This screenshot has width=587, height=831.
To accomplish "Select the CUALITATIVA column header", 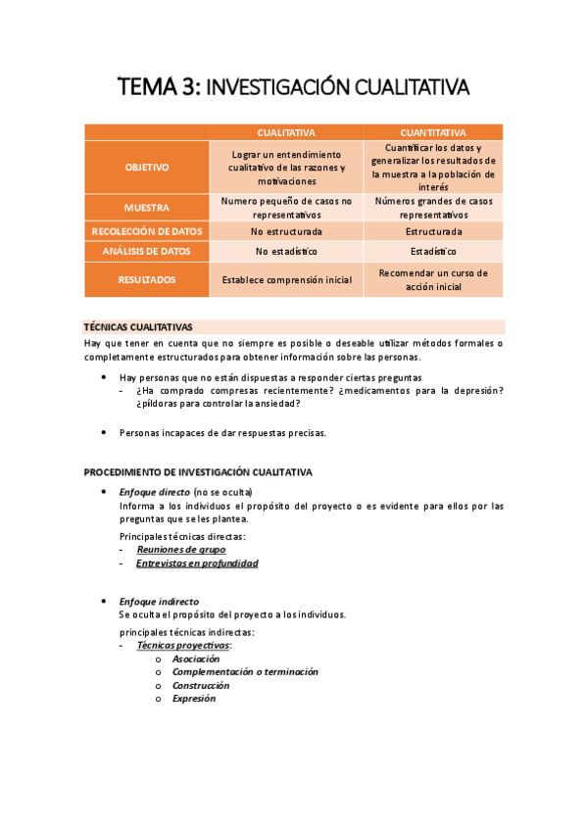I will pyautogui.click(x=286, y=132).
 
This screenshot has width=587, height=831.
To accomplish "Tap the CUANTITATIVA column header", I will pyautogui.click(x=433, y=132).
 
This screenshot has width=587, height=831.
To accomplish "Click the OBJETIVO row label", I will pyautogui.click(x=147, y=168).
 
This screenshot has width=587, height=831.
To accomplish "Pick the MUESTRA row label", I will pyautogui.click(x=147, y=208).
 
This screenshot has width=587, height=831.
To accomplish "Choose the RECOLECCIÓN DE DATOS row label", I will pyautogui.click(x=147, y=232).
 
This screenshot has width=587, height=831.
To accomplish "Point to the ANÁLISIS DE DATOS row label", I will pyautogui.click(x=147, y=252).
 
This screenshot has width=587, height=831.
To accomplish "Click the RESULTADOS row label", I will pyautogui.click(x=147, y=279).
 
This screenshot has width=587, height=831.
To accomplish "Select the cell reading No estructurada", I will pyautogui.click(x=286, y=232).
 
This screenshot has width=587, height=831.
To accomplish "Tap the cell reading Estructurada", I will pyautogui.click(x=433, y=232).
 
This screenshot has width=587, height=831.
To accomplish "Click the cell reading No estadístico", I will pyautogui.click(x=286, y=252).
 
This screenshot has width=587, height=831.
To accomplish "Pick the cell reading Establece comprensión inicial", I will pyautogui.click(x=286, y=280).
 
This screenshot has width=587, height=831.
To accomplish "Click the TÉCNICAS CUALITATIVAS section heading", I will pyautogui.click(x=138, y=327).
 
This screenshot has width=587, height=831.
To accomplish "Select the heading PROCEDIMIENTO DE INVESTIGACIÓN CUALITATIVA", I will pyautogui.click(x=198, y=472).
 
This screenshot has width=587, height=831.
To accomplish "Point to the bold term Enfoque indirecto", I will pyautogui.click(x=159, y=602).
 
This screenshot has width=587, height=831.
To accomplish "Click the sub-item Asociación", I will pyautogui.click(x=196, y=660).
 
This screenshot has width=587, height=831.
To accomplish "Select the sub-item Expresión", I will pyautogui.click(x=194, y=699).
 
